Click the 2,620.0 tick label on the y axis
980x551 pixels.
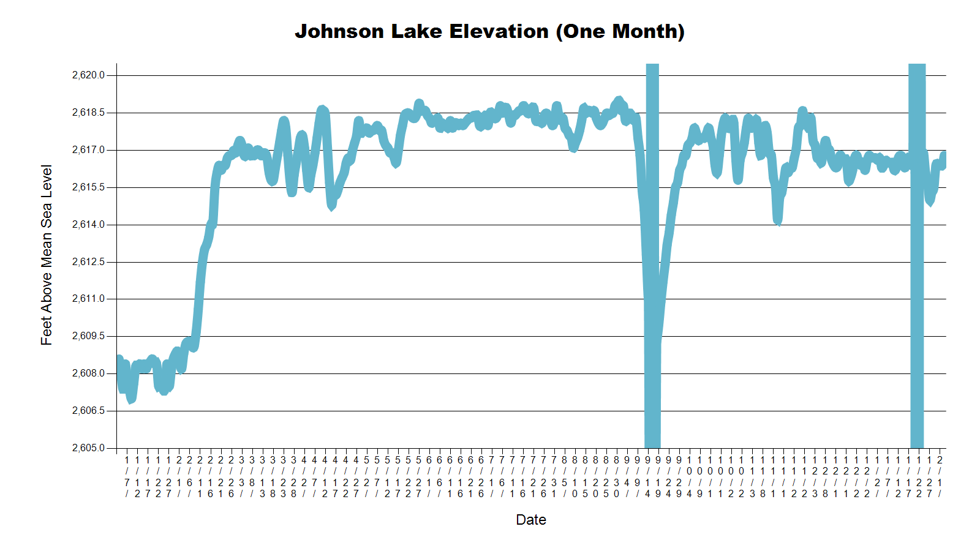[88, 75]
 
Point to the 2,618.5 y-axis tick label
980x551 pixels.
[88, 113]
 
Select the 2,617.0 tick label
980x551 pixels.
[88, 150]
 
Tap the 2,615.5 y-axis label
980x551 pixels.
[88, 187]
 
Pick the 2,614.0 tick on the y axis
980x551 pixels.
[88, 225]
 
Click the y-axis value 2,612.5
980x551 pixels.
[88, 262]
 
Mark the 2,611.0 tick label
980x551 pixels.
[88, 299]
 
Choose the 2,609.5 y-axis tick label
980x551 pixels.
[88, 336]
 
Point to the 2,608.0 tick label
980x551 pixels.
[88, 373]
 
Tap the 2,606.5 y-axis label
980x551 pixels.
[88, 411]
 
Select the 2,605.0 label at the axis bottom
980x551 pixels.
[88, 448]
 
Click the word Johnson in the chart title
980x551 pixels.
[339, 31]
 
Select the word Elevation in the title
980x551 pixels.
[499, 31]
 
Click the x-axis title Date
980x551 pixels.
[531, 520]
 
